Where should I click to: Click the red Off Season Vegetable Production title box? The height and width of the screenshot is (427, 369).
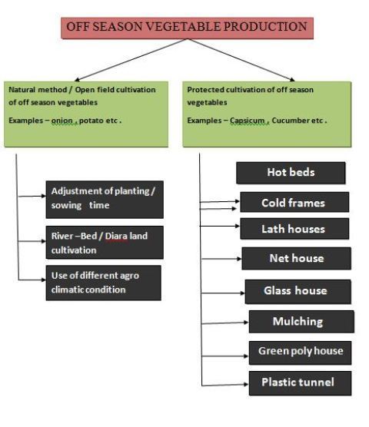(x=188, y=28)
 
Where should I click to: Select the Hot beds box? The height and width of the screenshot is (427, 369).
(x=291, y=173)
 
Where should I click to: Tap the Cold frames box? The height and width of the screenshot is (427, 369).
(x=294, y=202)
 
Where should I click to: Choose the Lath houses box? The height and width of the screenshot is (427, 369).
(x=294, y=229)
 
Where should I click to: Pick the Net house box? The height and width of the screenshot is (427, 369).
(x=296, y=259)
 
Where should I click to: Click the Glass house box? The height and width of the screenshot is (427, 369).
(x=298, y=292)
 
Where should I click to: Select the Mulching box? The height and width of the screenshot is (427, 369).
(x=301, y=322)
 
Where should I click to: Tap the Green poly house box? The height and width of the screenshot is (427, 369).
(x=300, y=353)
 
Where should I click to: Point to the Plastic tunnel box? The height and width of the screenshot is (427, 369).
(x=300, y=383)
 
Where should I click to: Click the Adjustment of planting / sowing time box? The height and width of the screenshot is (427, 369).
(x=105, y=200)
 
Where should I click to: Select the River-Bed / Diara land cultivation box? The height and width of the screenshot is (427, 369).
(x=105, y=243)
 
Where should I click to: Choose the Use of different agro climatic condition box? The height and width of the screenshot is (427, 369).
(x=103, y=283)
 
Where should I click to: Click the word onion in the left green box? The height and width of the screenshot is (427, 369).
(x=62, y=121)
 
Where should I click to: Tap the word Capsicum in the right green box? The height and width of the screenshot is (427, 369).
(x=248, y=121)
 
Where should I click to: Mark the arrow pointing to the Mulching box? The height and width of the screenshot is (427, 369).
(x=225, y=323)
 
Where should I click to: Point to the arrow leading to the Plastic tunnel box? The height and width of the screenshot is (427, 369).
(x=225, y=385)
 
